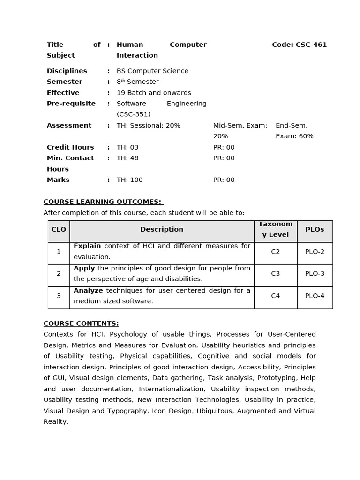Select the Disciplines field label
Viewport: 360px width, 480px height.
pyautogui.click(x=67, y=71)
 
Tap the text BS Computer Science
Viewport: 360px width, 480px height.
pyautogui.click(x=152, y=71)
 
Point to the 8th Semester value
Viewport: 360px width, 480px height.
pyautogui.click(x=138, y=82)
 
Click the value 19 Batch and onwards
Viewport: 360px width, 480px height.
pyautogui.click(x=154, y=93)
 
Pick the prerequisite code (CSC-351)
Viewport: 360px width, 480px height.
pyautogui.click(x=134, y=114)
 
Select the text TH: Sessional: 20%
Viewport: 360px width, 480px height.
pyautogui.click(x=149, y=126)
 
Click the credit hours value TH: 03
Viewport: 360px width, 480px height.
pyautogui.click(x=127, y=147)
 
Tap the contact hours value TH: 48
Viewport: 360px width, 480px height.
pyautogui.click(x=127, y=158)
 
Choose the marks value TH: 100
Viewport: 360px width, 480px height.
pyautogui.click(x=130, y=180)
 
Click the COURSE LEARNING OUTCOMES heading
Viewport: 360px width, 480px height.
pyautogui.click(x=103, y=202)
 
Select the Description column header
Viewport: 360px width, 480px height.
pyautogui.click(x=162, y=230)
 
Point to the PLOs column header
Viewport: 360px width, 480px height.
pyautogui.click(x=315, y=230)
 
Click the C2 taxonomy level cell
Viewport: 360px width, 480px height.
pyautogui.click(x=276, y=252)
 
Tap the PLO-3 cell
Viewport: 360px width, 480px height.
pyautogui.click(x=315, y=274)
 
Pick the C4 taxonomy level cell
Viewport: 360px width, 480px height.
pyautogui.click(x=276, y=296)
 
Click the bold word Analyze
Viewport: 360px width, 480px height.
pyautogui.click(x=88, y=291)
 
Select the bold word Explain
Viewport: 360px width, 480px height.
pyautogui.click(x=87, y=246)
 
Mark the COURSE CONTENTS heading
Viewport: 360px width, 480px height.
pyautogui.click(x=81, y=323)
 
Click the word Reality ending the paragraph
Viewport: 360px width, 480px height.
pyautogui.click(x=56, y=422)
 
